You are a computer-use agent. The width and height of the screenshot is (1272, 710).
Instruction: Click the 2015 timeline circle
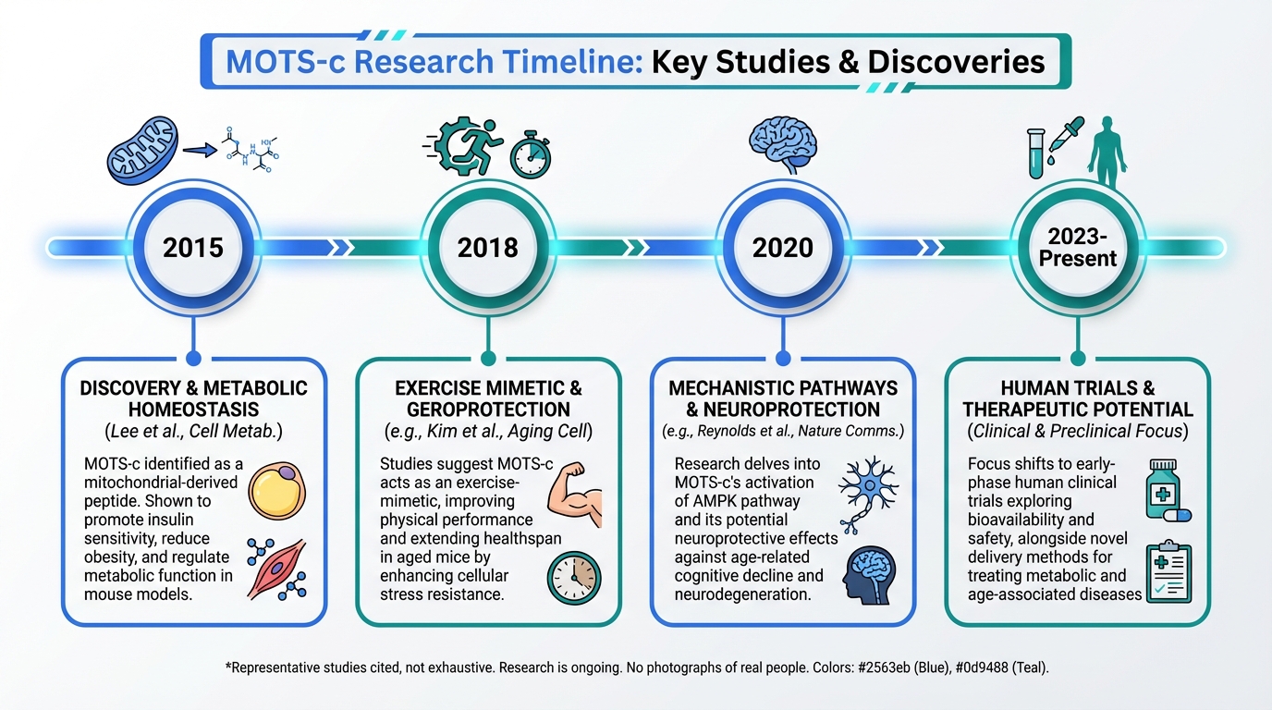coord(193,248)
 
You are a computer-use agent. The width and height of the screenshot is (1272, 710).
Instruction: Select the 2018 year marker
coord(488,248)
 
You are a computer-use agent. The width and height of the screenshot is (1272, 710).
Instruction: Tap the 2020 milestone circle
coord(782,248)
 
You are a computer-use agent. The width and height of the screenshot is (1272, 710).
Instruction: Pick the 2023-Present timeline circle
coord(1077,248)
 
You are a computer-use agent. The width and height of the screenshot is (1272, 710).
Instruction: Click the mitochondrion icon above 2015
coord(142,151)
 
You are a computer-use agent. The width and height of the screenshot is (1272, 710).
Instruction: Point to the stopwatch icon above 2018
coord(531,155)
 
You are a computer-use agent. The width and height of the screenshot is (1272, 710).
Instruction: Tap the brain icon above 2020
coord(783,145)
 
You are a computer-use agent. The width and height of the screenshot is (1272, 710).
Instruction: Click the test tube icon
coord(1036,153)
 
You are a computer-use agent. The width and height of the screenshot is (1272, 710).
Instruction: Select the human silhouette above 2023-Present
coord(1107,153)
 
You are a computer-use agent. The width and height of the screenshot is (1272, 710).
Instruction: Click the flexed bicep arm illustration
coord(575,495)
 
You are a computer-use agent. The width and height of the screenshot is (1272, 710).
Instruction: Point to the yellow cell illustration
coord(276,491)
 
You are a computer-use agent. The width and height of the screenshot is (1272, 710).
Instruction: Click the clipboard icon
coord(1168,571)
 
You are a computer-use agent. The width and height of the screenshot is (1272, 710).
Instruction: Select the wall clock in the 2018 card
coord(574,578)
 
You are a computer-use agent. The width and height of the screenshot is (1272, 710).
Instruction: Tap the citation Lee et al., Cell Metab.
coord(193,431)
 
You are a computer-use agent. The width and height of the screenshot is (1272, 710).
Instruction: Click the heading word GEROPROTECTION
coord(488,410)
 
